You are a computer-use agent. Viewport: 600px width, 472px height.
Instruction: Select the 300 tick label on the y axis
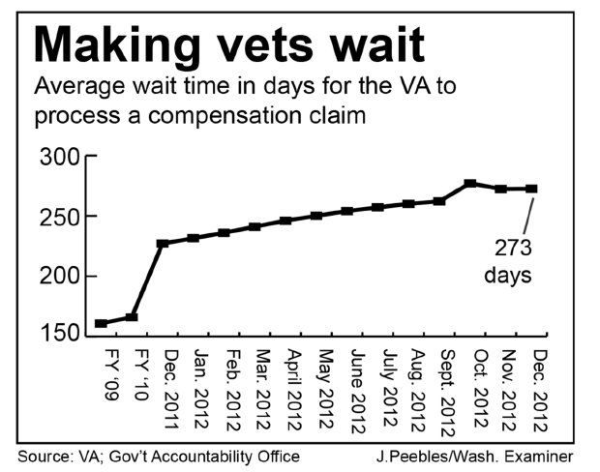click(60, 158)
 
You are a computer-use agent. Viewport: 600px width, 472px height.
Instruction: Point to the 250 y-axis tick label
click(60, 217)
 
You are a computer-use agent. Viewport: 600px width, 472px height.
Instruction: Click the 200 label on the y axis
click(60, 277)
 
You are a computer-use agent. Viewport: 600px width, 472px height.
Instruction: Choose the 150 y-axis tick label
click(60, 334)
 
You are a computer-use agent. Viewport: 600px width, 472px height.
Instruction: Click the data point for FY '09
click(102, 323)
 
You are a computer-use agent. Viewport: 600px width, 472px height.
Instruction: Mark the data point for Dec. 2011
click(163, 243)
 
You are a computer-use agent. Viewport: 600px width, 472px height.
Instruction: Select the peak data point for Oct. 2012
click(470, 183)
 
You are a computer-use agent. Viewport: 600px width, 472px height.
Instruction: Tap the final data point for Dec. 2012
click(531, 189)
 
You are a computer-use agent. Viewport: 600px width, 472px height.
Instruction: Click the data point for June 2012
click(346, 211)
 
